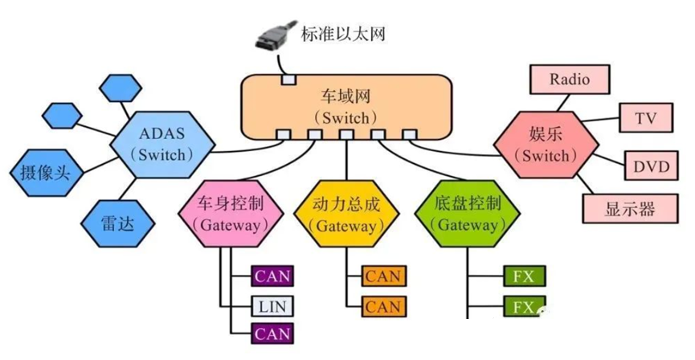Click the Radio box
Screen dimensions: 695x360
coord(570,80)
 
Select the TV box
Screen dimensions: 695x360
coord(645,117)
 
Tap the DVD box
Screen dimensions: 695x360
coord(651,166)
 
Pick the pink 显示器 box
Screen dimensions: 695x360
coord(630,208)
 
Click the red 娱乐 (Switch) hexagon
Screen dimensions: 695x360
coord(546,145)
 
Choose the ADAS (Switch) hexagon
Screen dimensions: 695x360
coord(162,145)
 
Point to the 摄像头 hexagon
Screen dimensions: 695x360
coord(46,172)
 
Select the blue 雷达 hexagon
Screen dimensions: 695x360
coord(118,224)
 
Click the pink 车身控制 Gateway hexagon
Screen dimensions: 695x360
coord(231,214)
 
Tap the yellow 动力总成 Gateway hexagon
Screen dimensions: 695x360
coord(346,214)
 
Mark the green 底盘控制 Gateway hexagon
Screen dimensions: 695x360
coord(468,214)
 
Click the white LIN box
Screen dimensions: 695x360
coord(272,306)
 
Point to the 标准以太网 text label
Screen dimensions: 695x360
coord(343,34)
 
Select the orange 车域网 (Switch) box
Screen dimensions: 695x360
coord(346,106)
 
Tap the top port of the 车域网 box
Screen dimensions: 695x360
coord(288,80)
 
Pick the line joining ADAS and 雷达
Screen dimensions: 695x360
coord(127,190)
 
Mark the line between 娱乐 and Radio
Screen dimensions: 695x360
coord(563,102)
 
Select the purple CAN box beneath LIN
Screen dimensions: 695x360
coord(272,333)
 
